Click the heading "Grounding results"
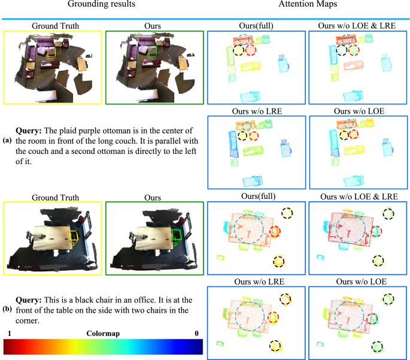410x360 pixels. (102, 4)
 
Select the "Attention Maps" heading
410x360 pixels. (308, 4)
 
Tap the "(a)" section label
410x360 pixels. (7, 141)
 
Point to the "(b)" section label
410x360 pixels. (7, 309)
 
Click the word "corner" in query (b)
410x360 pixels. (27, 320)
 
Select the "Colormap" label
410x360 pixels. (103, 334)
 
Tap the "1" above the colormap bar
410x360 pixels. (10, 333)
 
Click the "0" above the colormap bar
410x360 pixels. (197, 333)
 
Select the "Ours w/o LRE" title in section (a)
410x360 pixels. (257, 111)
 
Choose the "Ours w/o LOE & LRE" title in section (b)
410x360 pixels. (359, 196)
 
